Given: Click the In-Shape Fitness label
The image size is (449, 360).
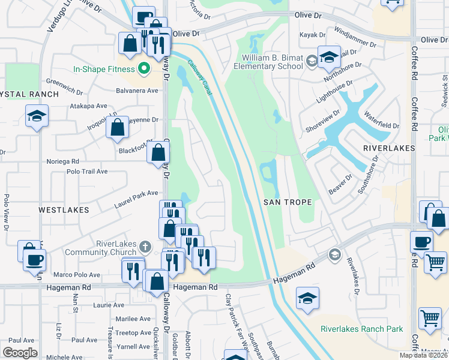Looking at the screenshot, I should pyautogui.click(x=105, y=69).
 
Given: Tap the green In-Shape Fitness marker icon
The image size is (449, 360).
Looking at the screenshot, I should pyautogui.click(x=143, y=68).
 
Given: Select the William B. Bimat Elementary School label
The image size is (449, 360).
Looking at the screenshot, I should pyautogui.click(x=273, y=62).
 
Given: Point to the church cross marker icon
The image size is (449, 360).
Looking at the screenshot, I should pyautogui.click(x=145, y=247).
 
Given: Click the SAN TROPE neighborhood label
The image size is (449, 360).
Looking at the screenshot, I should pyautogui.click(x=288, y=202).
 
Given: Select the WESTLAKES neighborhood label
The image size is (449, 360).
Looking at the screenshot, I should pyautogui.click(x=64, y=210).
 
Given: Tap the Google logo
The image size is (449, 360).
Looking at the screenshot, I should pyautogui.click(x=20, y=353).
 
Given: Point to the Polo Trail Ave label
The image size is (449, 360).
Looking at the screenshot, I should pyautogui.click(x=87, y=171).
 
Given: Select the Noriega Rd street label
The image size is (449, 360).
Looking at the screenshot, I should pyautogui.click(x=63, y=161).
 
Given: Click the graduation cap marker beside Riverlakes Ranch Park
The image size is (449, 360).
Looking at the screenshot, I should pyautogui.click(x=307, y=298).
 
